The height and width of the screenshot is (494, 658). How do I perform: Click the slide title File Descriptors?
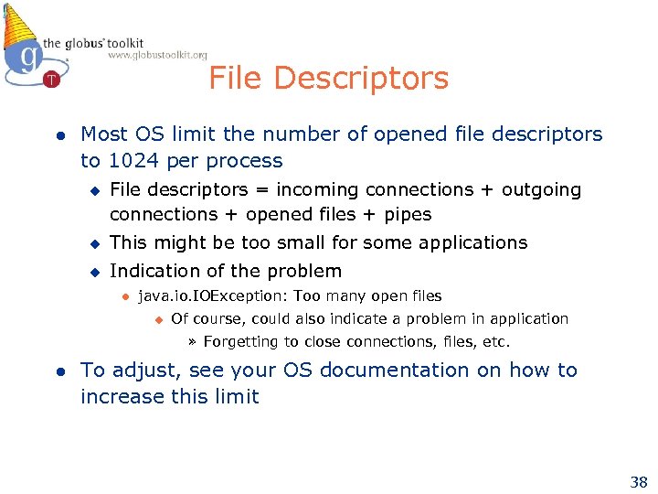(x=328, y=79)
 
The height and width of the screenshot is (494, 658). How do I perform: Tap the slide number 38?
(x=638, y=481)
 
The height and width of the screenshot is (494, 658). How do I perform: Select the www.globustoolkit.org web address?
(x=157, y=55)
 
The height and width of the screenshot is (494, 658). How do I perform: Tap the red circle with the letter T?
(x=52, y=79)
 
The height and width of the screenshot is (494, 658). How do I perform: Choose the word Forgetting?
(x=241, y=342)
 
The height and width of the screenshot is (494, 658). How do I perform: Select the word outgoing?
(x=540, y=189)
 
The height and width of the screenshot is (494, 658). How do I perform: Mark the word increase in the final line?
(x=117, y=397)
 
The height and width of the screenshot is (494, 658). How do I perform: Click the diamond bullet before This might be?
(x=93, y=243)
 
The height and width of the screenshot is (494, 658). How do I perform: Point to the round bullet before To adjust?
(x=58, y=371)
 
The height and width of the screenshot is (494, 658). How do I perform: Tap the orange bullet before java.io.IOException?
(x=125, y=296)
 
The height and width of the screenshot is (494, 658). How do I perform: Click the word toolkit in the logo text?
(x=122, y=43)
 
